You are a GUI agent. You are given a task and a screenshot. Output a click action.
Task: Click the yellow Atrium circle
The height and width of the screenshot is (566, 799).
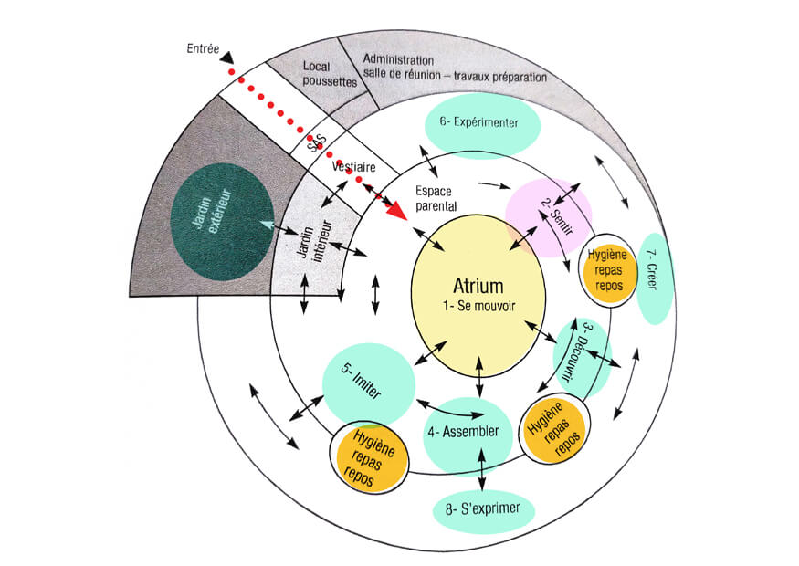point(478,296)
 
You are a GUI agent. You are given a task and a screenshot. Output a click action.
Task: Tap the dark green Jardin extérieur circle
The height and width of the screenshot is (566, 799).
point(223,222)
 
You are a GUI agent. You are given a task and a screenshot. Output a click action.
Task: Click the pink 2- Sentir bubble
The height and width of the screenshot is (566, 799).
point(548,218)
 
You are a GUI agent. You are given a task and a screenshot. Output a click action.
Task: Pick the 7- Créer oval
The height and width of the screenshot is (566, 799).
point(655,278)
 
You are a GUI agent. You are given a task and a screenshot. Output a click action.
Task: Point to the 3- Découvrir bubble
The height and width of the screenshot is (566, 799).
point(582,358)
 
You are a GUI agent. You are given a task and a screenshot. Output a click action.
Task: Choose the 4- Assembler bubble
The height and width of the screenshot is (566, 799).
point(468,435)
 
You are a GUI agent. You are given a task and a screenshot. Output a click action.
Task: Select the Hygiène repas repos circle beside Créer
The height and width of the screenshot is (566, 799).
point(608,270)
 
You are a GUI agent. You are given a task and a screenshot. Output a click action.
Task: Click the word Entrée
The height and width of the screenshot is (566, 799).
point(203,49)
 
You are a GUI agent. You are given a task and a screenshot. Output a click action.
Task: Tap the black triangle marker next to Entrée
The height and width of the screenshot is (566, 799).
point(226,57)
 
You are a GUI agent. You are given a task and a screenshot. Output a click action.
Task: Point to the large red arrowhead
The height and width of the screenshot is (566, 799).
point(397,208)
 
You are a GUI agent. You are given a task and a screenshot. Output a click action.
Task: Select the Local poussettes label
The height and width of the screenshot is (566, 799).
point(329,74)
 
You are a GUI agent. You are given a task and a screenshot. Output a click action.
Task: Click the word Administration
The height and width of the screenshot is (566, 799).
point(398,59)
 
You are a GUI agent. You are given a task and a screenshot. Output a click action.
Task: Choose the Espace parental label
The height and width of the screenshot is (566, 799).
point(436,198)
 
